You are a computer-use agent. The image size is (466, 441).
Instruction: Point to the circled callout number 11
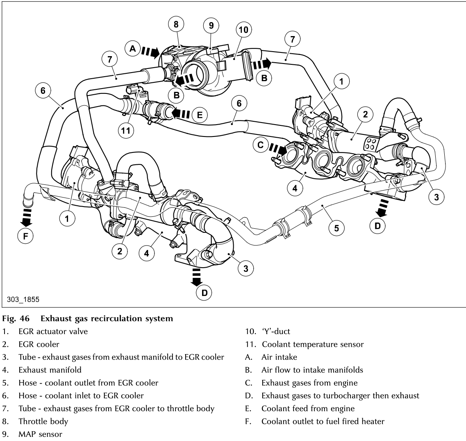click(125, 130)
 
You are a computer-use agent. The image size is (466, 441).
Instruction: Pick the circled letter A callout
click(132, 48)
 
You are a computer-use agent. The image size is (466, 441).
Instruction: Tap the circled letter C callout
click(260, 145)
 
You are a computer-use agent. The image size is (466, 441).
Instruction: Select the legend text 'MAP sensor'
click(40, 433)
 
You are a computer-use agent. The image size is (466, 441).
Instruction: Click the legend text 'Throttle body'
click(43, 421)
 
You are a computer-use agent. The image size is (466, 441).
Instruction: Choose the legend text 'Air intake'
click(279, 357)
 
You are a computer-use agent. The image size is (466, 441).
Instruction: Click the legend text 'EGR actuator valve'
click(53, 331)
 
